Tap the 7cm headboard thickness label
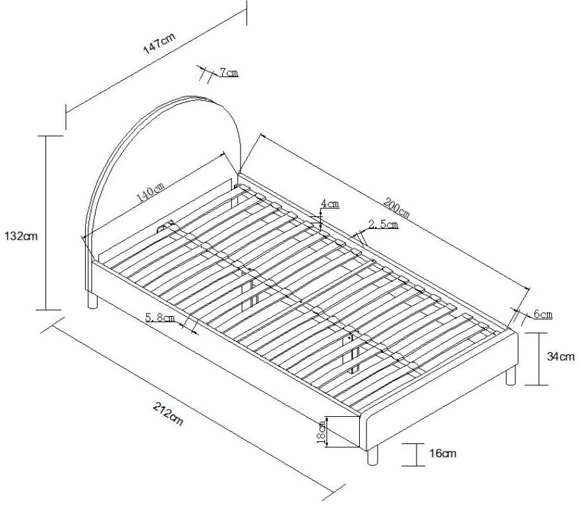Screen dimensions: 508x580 pos(229,73)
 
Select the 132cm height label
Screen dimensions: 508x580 pos(20,236)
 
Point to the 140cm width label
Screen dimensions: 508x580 pos(150,193)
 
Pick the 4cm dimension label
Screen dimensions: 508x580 pos(330,204)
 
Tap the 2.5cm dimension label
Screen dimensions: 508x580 pos(383,224)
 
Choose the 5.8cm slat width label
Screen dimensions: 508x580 pos(160,318)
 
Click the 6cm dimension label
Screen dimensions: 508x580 pos(542,315)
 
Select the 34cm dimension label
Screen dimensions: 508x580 pos(561,357)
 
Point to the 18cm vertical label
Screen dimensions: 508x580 pos(321,432)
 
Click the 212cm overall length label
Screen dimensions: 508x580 pos(167,416)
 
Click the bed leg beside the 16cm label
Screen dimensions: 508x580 pos(372,456)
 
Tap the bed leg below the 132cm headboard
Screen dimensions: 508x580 pos(93,302)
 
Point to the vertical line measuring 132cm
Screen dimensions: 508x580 pos(45,222)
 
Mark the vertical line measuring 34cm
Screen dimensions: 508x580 pos(540,359)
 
